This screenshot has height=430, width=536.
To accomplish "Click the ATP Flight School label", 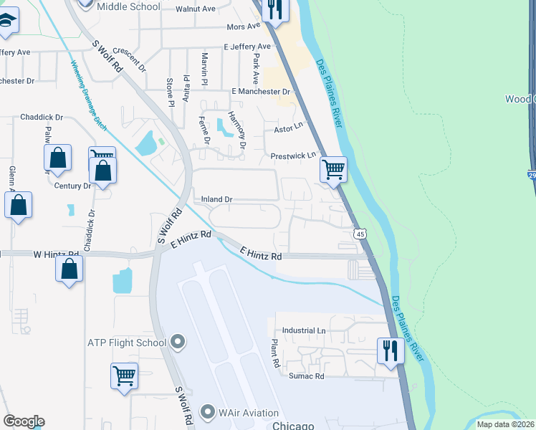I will [126, 343].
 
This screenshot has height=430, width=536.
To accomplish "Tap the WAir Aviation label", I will [240, 412].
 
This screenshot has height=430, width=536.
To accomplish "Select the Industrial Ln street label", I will [304, 331].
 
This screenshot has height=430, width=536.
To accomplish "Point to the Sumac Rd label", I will [307, 376].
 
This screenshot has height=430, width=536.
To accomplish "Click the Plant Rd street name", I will [274, 354].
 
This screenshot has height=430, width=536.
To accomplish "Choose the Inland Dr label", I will [217, 199].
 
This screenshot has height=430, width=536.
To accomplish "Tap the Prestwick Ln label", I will [293, 156].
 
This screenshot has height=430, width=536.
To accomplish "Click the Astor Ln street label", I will [289, 130].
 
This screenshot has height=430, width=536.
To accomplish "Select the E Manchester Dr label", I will [261, 92].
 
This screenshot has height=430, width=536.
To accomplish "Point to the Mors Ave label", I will [244, 27].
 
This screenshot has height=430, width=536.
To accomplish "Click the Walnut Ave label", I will [199, 9].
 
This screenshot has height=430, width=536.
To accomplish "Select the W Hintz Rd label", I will [56, 254].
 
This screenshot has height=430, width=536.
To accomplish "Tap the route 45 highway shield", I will [360, 234].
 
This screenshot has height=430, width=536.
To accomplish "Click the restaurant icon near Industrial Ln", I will [390, 350].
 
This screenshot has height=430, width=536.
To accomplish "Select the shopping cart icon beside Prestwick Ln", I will [333, 171].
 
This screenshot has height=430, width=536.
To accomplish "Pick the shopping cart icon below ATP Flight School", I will [125, 375].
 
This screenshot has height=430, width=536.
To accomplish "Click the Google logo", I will [24, 421].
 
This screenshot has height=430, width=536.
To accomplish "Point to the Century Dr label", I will [73, 186].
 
